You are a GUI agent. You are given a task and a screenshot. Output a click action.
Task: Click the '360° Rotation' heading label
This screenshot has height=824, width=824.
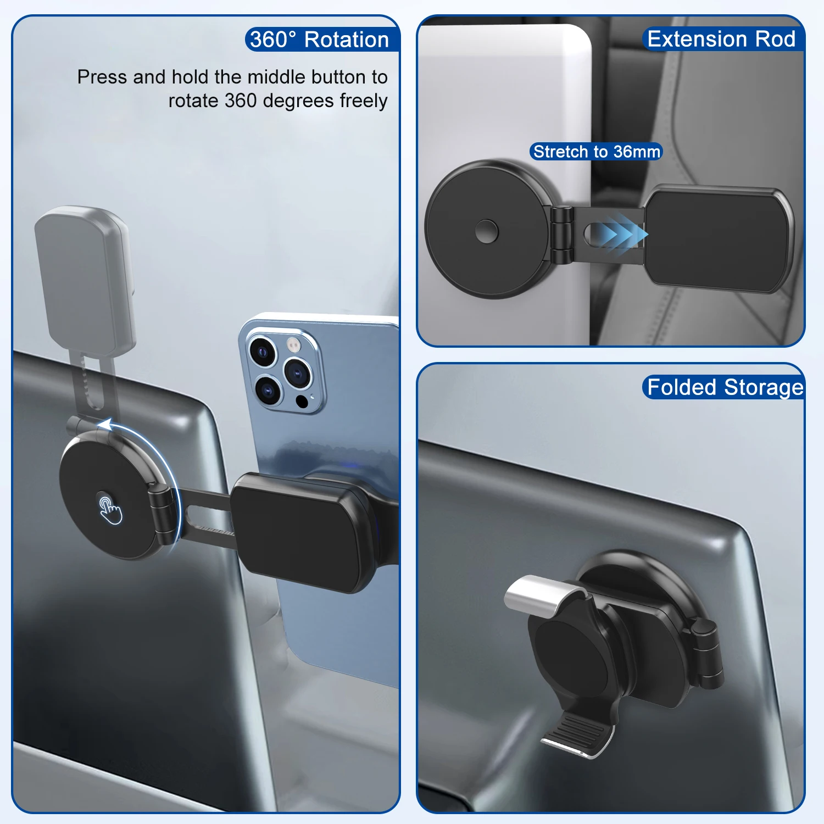320,40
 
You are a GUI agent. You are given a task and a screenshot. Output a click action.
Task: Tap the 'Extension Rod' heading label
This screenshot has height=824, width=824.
721,39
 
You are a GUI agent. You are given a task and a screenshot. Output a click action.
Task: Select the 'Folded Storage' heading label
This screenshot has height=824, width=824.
725,387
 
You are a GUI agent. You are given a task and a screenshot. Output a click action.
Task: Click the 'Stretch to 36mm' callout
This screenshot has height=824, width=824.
596,152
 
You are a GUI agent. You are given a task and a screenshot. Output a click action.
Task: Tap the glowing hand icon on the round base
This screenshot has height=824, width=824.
110,510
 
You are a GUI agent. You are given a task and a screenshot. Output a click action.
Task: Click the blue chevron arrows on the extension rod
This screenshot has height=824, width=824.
621,233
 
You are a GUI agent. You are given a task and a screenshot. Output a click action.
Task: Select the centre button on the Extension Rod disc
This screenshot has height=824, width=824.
487,231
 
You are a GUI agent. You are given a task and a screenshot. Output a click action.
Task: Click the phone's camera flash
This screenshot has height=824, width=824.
294,345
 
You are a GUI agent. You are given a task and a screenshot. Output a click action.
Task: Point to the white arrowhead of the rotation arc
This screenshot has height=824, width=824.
104,425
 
